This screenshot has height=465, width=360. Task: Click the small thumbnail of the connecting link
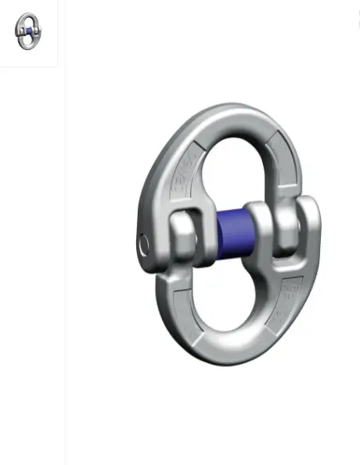click(28, 31)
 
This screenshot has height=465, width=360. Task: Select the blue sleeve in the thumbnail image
click(28, 31)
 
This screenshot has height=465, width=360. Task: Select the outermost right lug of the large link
click(307, 227)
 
